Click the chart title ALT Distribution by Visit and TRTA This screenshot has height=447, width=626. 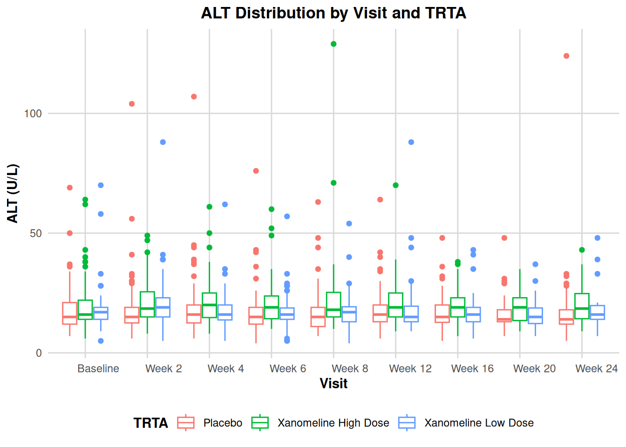coord(333,13)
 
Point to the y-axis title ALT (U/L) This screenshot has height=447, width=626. coord(13,193)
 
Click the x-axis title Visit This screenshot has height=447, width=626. coord(333,383)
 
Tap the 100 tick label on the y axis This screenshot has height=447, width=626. coord(33,114)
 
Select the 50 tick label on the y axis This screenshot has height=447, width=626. coord(35,233)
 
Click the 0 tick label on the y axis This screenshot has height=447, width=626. coord(39,353)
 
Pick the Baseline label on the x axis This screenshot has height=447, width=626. coord(98,369)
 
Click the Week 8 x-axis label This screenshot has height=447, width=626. coord(350,369)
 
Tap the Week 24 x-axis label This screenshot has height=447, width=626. coord(596,369)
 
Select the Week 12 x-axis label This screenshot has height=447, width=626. coord(410,369)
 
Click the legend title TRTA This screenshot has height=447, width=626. coord(150,423)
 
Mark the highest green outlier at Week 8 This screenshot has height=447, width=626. coord(333,44)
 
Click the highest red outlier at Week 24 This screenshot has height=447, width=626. coord(566,56)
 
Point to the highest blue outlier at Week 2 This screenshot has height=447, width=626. coord(163,142)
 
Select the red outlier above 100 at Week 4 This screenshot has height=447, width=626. coord(194,97)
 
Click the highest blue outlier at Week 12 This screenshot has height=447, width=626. coord(411,142)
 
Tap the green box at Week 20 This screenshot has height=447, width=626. coord(520,309)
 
